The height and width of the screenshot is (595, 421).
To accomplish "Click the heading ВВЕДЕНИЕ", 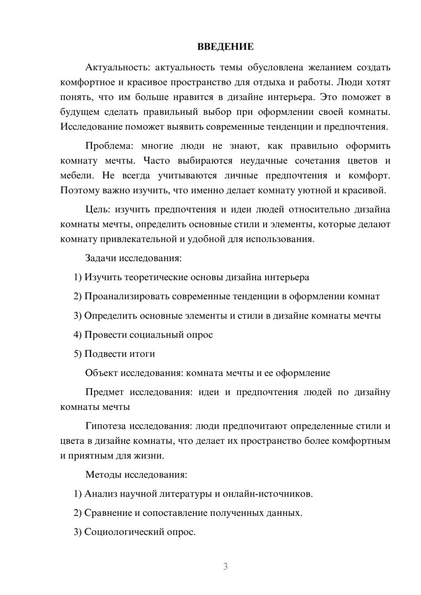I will pos(225,47).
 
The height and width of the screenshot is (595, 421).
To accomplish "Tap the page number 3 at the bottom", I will pos(225,566).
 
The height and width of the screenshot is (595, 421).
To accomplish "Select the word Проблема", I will pos(109,146).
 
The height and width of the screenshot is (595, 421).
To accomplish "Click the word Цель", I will pos(97,210).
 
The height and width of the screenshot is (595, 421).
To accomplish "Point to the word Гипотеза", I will pos(105,426).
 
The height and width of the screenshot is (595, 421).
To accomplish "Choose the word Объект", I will pos(101,373).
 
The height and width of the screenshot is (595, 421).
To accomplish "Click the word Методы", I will pos(104,475).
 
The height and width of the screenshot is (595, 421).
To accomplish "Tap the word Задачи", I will pos(100,258).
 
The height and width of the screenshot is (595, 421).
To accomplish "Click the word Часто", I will pos(157,161).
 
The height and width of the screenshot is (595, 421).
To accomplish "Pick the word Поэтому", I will pos(78,190).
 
